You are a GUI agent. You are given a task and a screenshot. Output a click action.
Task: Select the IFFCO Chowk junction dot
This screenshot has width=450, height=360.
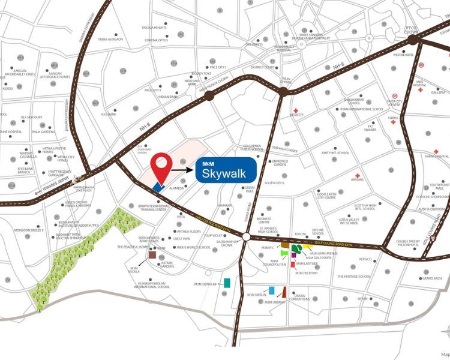413,38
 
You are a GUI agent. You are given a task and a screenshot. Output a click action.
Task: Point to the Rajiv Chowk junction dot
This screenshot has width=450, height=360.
282,91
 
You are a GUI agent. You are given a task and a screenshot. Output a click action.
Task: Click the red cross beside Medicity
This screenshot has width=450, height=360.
296,111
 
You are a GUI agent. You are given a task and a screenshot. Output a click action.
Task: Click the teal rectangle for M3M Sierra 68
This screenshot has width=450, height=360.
228,282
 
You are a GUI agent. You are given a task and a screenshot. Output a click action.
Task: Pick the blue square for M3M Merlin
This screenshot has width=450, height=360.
272,290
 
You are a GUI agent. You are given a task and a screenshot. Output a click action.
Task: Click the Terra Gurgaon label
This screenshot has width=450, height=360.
110,39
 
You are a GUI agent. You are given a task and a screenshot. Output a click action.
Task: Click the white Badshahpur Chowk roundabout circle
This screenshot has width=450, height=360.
247,238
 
